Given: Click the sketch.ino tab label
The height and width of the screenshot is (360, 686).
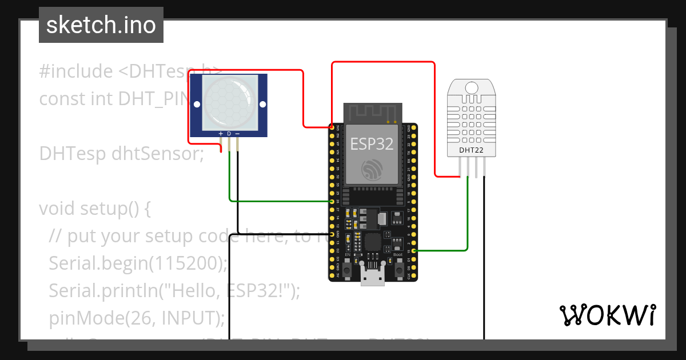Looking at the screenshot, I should tap(101, 25).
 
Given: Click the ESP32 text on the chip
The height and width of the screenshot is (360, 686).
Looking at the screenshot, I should tap(372, 144).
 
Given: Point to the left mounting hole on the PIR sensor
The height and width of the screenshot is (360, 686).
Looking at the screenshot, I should tap(197, 105).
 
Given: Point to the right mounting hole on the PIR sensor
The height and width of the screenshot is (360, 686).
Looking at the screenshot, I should tap(263, 105).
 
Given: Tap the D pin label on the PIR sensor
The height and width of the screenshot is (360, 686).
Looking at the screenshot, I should tap(229, 134).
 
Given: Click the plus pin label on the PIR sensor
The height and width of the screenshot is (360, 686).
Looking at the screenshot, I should tap(221, 134).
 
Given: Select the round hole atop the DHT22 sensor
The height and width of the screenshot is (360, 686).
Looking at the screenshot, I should tap(471, 88).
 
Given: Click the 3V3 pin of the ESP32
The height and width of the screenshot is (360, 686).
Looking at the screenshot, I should tap(332, 127).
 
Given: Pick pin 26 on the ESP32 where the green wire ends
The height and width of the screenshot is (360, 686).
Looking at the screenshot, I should tap(332, 202).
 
